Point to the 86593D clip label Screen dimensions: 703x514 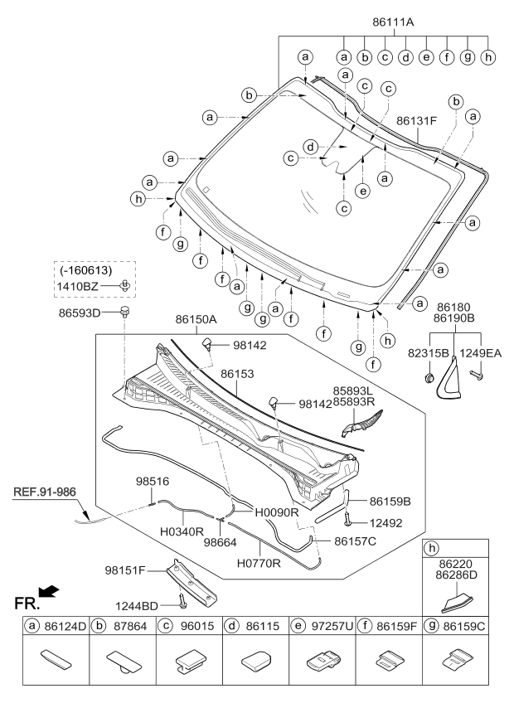(x=78, y=313)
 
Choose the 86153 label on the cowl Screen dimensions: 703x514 (x=237, y=375)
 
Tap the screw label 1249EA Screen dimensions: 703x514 (x=481, y=352)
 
